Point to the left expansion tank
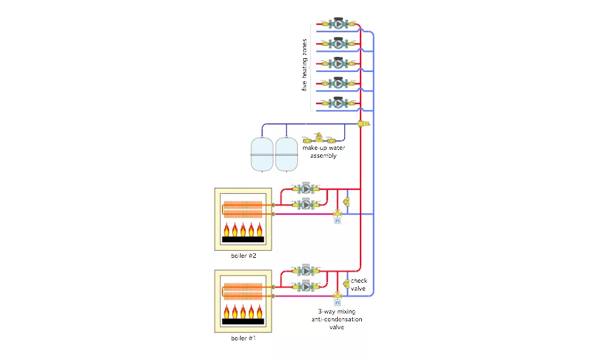[x=262, y=154]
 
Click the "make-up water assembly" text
[x=323, y=152]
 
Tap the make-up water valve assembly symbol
[x=319, y=139]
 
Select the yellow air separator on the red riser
[x=363, y=123]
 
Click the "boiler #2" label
[x=243, y=255]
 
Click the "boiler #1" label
[x=243, y=338]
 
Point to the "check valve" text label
[x=359, y=285]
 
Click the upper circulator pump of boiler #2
[x=305, y=189]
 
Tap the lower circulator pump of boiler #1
[x=305, y=287]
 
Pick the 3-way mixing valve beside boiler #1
[x=337, y=295]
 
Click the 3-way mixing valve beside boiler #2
[x=337, y=213]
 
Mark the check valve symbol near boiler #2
[x=346, y=202]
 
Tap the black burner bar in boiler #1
[x=243, y=322]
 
